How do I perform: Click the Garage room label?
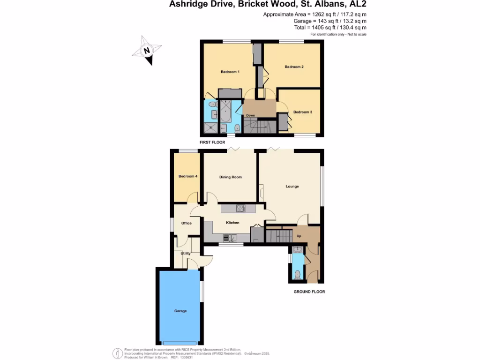[x=180, y=311]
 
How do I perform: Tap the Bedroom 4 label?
[x=187, y=176]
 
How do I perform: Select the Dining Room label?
[x=231, y=177]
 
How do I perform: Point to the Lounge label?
[x=292, y=187]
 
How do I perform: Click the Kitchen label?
[x=232, y=223]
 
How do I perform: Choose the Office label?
[x=187, y=223]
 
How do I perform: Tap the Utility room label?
[x=186, y=253]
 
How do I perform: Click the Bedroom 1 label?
[x=230, y=72]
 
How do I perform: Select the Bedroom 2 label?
[x=294, y=67]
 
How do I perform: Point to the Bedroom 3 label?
[x=302, y=112]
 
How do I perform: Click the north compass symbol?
[x=147, y=52]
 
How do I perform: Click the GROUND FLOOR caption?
[x=309, y=292]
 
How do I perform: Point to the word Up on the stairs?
[x=299, y=236]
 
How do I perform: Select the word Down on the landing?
[x=251, y=115]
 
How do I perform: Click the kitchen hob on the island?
[x=240, y=208]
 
